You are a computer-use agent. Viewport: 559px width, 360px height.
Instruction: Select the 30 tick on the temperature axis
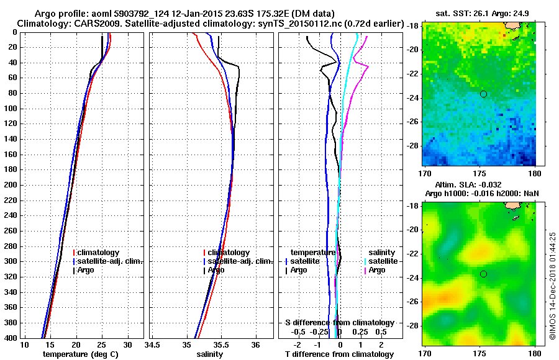click(x=127, y=345)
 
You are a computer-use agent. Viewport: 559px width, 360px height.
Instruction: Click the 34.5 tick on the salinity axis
click(x=153, y=345)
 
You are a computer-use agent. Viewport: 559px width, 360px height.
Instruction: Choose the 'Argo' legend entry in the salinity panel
click(x=216, y=270)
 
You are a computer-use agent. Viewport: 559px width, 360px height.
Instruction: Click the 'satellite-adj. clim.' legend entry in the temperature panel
click(x=111, y=261)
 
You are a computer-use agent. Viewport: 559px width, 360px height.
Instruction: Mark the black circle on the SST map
click(x=483, y=94)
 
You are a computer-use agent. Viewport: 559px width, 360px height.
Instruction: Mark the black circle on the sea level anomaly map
click(x=483, y=274)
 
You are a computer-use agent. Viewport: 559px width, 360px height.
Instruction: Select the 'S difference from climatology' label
click(x=339, y=323)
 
